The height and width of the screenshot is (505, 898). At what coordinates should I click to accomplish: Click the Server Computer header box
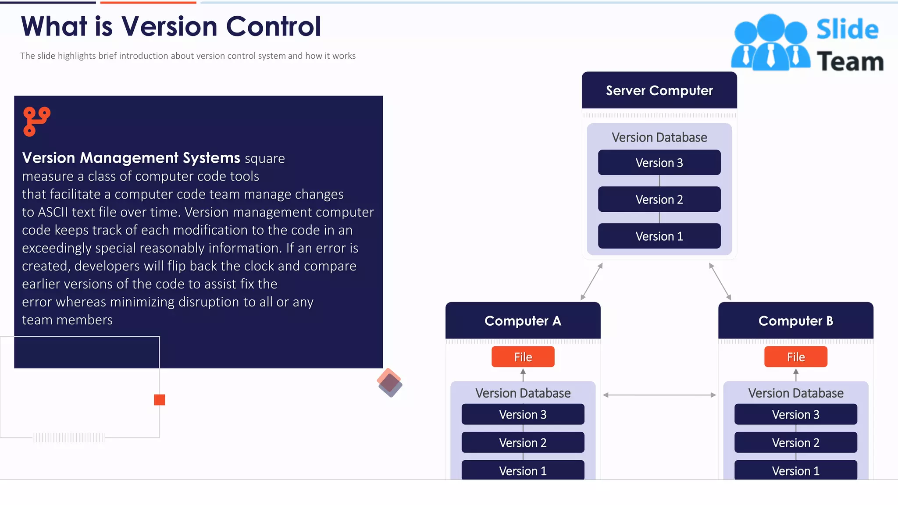tap(659, 90)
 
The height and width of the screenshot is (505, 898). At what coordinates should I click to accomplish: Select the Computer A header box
tap(523, 320)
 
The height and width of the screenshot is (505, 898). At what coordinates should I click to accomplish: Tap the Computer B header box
tap(795, 320)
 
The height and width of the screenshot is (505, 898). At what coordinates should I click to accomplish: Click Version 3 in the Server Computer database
tap(659, 163)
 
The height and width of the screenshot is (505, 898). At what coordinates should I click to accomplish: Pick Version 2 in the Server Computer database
tap(659, 199)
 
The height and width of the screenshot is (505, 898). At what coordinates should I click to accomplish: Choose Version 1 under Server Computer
tap(659, 236)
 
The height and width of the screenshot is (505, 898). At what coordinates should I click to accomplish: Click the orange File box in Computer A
tap(523, 357)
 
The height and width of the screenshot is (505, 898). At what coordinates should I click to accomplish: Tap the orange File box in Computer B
tap(795, 357)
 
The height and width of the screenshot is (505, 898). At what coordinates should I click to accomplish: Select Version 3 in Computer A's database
tap(523, 414)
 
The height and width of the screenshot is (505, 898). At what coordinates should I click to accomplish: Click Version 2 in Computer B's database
tap(795, 442)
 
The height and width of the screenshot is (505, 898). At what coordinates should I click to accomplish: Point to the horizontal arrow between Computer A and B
tap(659, 395)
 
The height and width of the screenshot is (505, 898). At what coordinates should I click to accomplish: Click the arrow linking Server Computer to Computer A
tap(592, 281)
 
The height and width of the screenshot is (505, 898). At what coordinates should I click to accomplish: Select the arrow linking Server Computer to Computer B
tap(720, 281)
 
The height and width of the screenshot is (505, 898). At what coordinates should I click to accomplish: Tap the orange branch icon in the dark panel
tap(36, 121)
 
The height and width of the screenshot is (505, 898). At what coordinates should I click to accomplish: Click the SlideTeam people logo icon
tap(770, 43)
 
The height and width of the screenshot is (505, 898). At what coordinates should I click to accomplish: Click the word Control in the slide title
tap(273, 26)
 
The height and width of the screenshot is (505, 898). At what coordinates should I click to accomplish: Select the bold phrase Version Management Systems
tap(131, 158)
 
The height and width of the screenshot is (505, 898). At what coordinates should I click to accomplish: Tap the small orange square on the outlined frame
tap(160, 399)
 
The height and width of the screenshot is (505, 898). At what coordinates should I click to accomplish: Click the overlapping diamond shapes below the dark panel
tap(389, 383)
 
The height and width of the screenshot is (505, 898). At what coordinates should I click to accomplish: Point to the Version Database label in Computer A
tap(523, 393)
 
